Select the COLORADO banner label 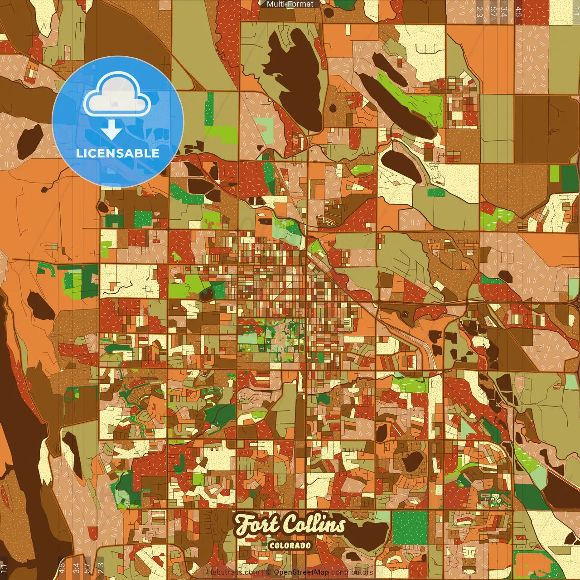point(290,545)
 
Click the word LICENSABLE point(118,153)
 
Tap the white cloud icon point(117,95)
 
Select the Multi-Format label point(290,4)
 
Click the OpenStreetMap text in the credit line point(301,572)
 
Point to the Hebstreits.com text point(232,572)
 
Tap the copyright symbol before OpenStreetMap point(268,572)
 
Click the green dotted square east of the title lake point(410,528)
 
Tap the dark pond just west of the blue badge point(30,140)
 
